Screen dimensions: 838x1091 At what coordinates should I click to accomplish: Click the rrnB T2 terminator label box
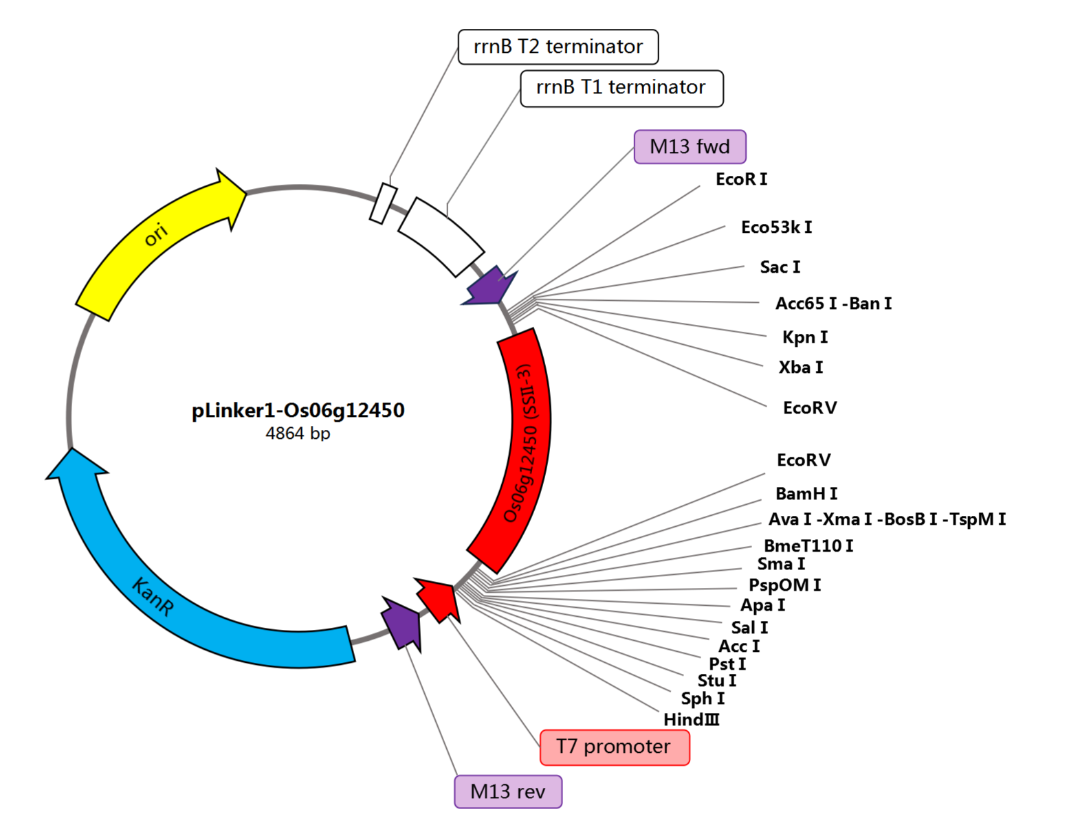click(558, 47)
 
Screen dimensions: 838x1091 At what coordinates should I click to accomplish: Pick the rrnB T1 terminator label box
click(621, 88)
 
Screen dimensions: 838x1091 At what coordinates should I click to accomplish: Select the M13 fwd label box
click(690, 146)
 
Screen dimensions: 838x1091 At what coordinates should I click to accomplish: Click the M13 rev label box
click(508, 791)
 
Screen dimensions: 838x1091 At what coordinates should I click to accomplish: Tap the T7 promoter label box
click(615, 747)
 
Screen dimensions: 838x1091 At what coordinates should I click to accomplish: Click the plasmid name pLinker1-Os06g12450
click(298, 410)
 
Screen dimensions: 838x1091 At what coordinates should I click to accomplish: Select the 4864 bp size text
click(298, 433)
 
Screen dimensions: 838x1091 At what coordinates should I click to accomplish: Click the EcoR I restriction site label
click(741, 179)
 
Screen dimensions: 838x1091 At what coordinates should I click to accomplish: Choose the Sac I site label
click(780, 267)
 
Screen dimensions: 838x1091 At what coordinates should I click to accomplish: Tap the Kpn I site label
click(804, 337)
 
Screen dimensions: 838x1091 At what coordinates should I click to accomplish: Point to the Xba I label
click(800, 367)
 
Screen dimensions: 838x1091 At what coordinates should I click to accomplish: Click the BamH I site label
click(806, 494)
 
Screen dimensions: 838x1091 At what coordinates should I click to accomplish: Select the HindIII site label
click(691, 720)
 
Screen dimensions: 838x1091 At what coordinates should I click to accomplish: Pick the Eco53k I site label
click(776, 227)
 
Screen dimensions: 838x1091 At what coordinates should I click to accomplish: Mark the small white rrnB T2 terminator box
click(383, 203)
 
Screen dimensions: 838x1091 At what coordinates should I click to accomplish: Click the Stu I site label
click(716, 681)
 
